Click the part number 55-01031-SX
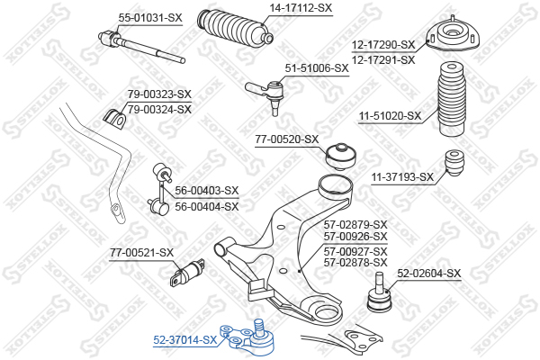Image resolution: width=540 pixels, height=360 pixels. tap(150, 18)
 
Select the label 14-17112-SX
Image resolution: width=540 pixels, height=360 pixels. tap(301, 7)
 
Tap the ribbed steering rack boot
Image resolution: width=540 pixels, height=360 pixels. tap(235, 28)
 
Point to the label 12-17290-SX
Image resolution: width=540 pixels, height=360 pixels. tap(383, 45)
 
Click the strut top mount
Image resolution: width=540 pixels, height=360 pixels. tap(453, 35)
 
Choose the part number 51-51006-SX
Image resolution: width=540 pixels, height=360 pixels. tap(317, 68)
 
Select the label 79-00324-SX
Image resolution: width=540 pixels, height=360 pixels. tap(159, 110)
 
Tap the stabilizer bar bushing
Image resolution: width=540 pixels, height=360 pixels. tap(114, 119)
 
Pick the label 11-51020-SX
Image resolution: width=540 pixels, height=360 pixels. tap(391, 116)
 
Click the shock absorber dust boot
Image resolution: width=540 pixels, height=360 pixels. tap(451, 99)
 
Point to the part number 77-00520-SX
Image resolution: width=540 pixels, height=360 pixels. tap(287, 139)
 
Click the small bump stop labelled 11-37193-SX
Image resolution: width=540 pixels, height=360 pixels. tap(454, 163)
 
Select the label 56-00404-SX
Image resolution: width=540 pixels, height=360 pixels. tap(207, 207)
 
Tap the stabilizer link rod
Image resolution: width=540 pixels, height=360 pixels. tap(160, 189)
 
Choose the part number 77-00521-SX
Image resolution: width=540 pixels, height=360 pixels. tap(141, 253)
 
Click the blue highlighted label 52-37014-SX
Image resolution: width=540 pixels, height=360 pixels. tap(184, 340)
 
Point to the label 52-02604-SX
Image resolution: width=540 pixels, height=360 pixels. tap(428, 274)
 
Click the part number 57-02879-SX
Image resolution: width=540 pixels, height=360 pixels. tap(355, 225)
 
